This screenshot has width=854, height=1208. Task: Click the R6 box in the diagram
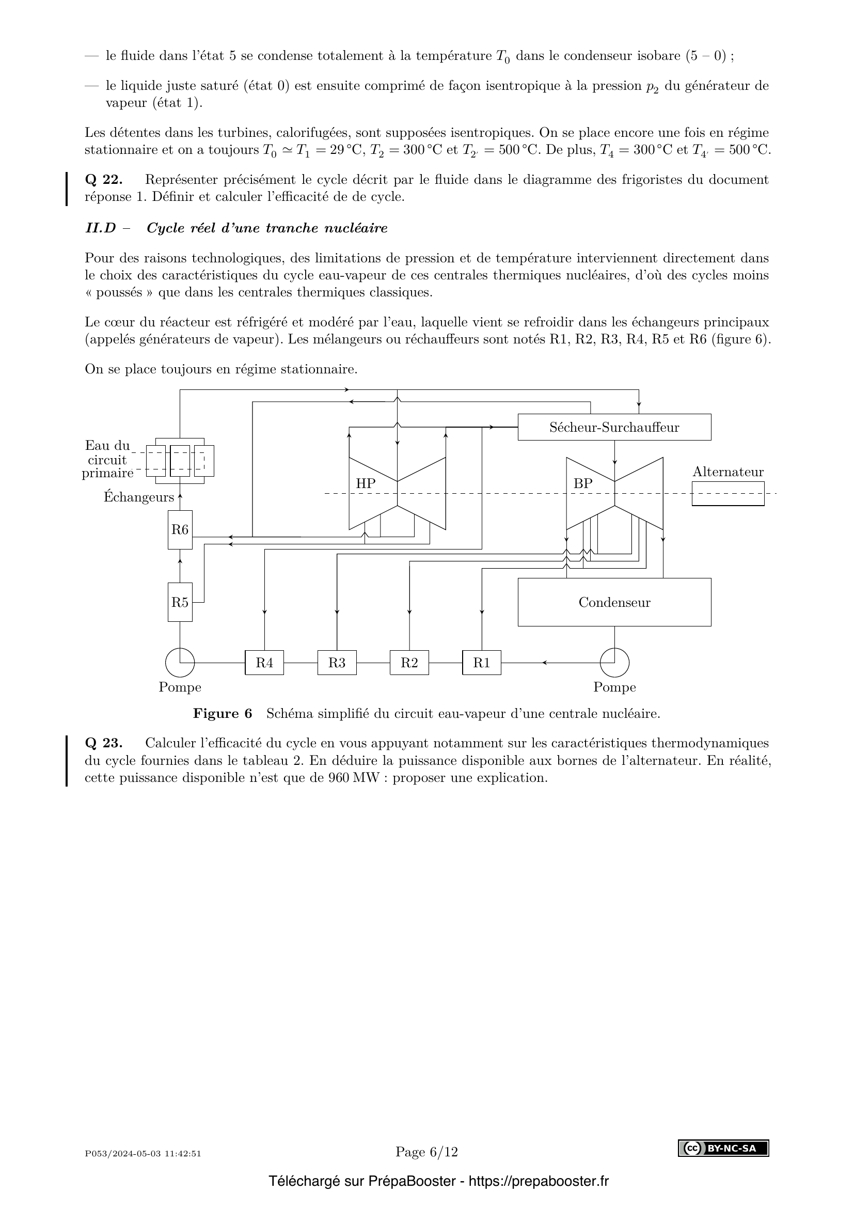click(x=180, y=529)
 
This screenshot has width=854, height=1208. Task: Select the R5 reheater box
click(x=180, y=602)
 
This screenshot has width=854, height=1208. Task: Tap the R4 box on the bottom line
click(x=264, y=663)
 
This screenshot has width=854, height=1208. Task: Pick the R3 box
click(x=337, y=663)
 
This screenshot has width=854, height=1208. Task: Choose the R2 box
click(x=409, y=663)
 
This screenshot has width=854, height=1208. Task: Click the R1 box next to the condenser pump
click(x=482, y=663)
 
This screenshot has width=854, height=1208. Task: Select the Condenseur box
click(x=614, y=602)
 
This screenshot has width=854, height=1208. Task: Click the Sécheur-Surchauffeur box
click(x=614, y=427)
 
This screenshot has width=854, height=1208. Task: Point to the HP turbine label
click(x=366, y=483)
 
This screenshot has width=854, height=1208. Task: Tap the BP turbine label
click(x=582, y=483)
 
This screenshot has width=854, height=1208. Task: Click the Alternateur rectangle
click(x=728, y=494)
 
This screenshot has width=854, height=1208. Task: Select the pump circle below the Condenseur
click(x=614, y=663)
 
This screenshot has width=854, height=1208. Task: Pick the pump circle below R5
click(x=180, y=663)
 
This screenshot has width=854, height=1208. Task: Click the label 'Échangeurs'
click(x=139, y=497)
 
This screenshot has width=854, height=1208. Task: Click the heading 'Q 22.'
click(x=104, y=180)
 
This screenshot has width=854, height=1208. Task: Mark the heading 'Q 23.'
click(x=104, y=743)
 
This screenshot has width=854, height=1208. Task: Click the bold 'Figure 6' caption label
click(x=223, y=713)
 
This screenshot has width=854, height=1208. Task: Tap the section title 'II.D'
click(x=101, y=228)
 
